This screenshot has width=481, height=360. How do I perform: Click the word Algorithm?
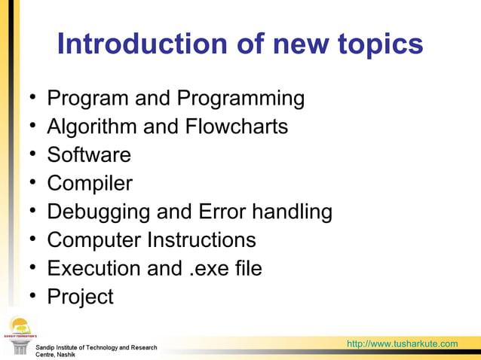click(92, 127)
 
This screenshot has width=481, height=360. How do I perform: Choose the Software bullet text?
click(89, 155)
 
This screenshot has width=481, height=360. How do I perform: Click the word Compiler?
click(90, 184)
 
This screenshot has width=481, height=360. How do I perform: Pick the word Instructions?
click(201, 240)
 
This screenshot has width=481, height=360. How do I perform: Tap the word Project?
click(80, 297)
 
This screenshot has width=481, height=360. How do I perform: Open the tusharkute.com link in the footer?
click(402, 344)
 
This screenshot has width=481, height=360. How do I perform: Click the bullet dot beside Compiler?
click(33, 182)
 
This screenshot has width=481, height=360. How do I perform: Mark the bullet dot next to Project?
click(33, 295)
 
